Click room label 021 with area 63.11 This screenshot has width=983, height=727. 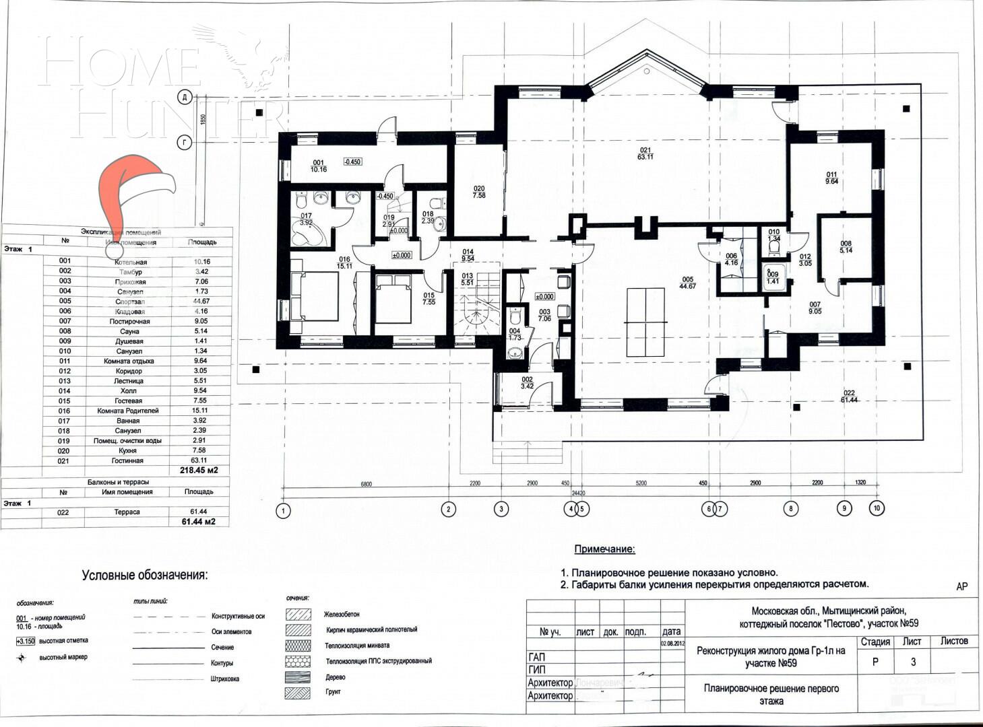(x=645, y=153)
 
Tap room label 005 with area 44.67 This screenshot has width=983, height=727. (x=687, y=282)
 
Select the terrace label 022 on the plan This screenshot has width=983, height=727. (x=848, y=396)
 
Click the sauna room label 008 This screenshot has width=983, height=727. (x=846, y=247)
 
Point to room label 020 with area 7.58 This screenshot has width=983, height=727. (x=479, y=192)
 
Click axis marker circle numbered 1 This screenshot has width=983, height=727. (x=284, y=511)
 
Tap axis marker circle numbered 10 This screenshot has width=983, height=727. (x=876, y=508)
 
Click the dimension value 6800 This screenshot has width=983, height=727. (x=366, y=483)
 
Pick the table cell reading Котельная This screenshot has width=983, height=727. (x=130, y=262)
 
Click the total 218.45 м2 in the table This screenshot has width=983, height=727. (x=199, y=471)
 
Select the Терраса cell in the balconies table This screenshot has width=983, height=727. (x=127, y=512)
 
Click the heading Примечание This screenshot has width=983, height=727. (x=604, y=549)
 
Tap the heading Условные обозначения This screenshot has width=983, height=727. (x=145, y=576)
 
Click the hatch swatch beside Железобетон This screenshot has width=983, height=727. (x=298, y=615)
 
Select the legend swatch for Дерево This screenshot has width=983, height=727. (x=298, y=677)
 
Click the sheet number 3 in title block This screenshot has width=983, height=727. (x=913, y=662)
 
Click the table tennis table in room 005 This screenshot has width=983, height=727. (x=645, y=322)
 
